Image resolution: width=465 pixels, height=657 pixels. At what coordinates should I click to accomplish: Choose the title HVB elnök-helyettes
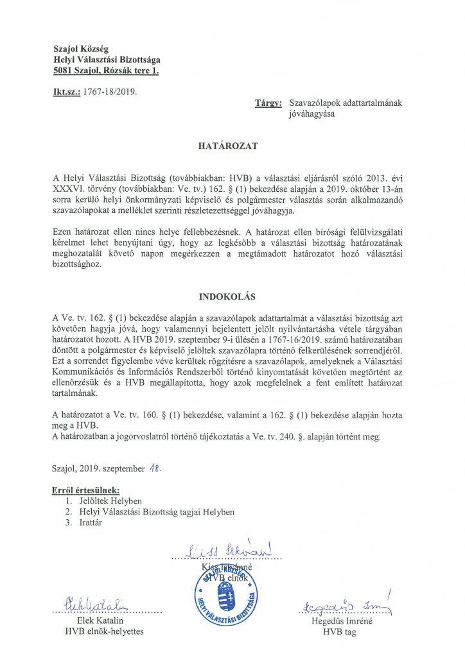[x=105, y=631]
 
